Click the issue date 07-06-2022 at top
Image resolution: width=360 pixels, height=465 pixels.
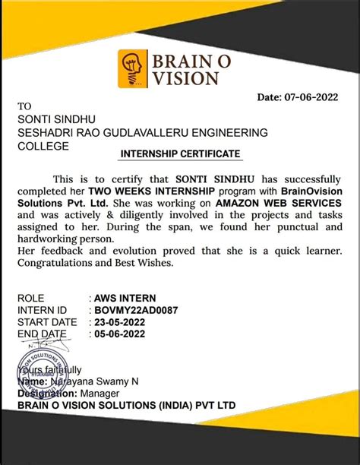[x=311, y=97]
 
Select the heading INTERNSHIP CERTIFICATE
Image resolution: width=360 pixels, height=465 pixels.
[x=180, y=153]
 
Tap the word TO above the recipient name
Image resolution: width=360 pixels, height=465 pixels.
[x=25, y=106]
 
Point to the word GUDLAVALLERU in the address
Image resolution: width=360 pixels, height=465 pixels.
[x=156, y=132]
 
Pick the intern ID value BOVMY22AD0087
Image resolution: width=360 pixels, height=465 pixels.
[x=135, y=310]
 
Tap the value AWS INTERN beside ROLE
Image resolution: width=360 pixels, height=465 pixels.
[x=122, y=299]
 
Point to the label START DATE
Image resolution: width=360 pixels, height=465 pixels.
[x=47, y=321]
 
